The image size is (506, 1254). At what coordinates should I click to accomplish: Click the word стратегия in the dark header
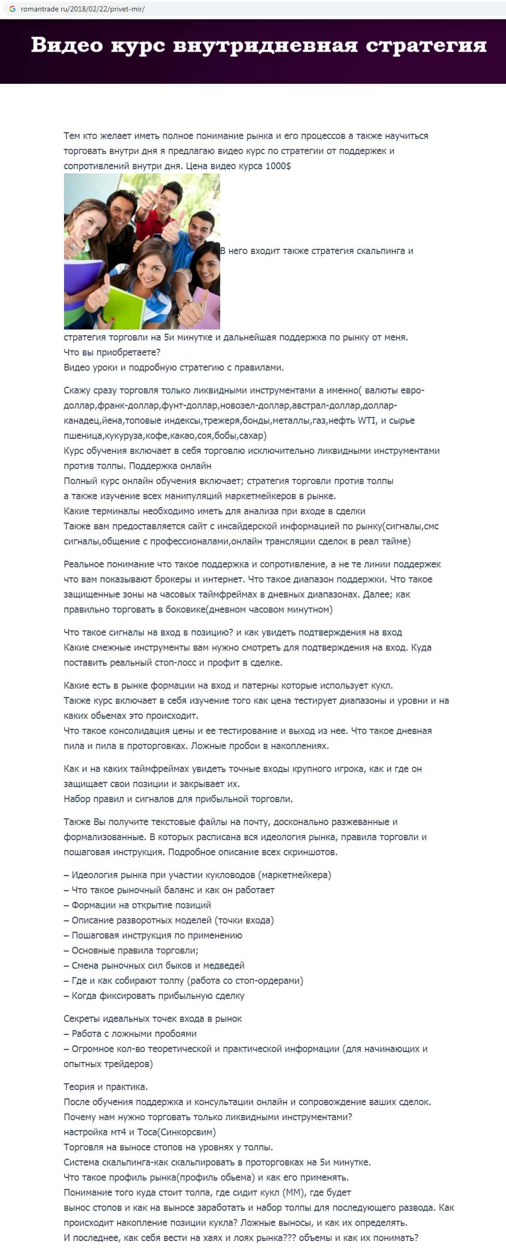point(426,45)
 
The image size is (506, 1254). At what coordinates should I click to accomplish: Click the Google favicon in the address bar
point(12,9)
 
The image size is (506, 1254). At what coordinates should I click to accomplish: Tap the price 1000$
point(278,166)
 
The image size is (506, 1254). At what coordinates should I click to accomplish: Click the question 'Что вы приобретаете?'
point(112,352)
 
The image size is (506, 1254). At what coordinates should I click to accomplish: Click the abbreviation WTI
point(366,421)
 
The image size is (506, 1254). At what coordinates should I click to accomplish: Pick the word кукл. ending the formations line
point(382,686)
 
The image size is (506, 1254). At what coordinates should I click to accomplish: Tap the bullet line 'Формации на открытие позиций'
point(141,905)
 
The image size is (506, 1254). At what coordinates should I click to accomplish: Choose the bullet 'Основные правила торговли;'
point(135,951)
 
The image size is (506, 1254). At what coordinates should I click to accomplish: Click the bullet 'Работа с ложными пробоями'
point(134,1034)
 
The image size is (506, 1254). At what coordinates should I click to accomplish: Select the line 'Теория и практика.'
point(106,1087)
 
